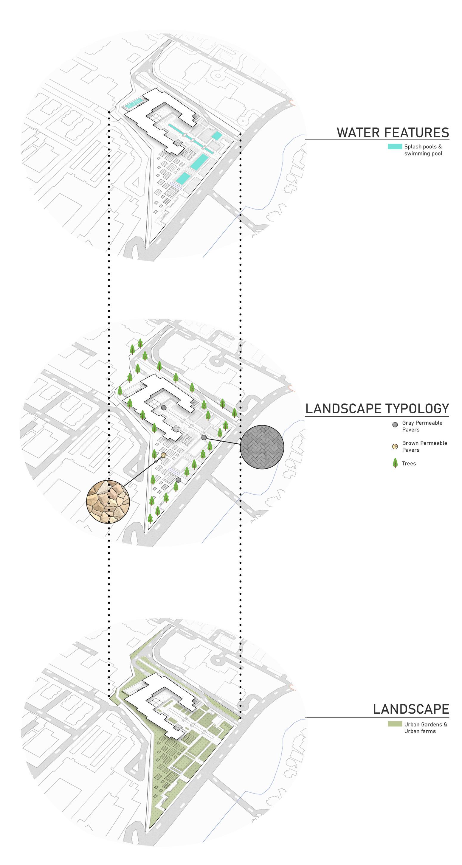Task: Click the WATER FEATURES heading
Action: tap(393, 133)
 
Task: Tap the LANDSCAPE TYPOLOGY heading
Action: tap(377, 409)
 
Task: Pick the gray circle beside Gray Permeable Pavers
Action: tap(395, 425)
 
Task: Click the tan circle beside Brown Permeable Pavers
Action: tap(395, 446)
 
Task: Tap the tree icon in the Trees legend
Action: tap(395, 463)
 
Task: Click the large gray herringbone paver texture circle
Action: tap(262, 447)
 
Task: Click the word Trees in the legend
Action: tap(409, 463)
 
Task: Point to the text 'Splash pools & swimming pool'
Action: tap(423, 150)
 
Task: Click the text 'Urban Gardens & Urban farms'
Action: tap(425, 728)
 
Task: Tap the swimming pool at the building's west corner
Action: tap(134, 103)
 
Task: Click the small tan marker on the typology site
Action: tap(164, 455)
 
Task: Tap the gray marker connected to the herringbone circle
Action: tap(204, 437)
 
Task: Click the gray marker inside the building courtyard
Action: tap(164, 408)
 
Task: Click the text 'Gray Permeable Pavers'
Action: tap(422, 426)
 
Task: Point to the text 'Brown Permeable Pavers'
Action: tap(424, 446)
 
